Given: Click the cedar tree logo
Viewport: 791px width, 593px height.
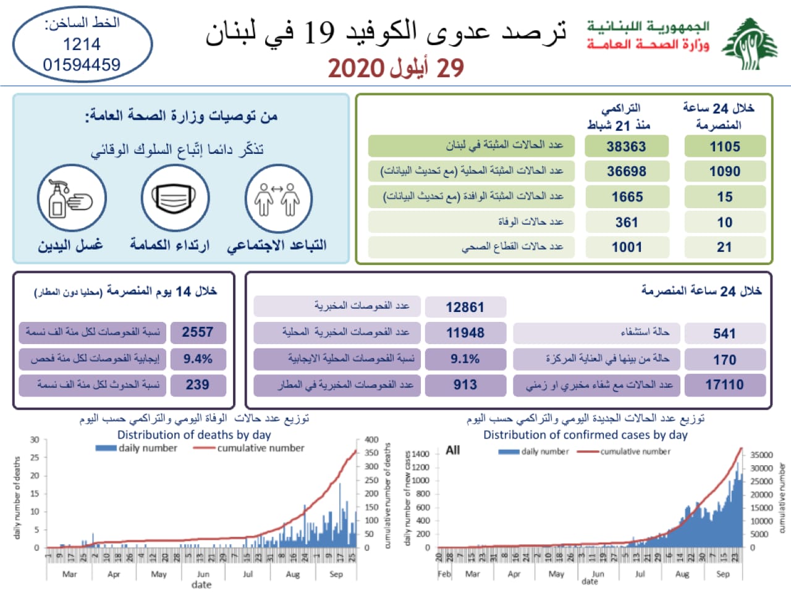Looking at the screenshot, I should tap(750, 44).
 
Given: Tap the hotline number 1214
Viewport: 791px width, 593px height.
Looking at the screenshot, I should tap(82, 44).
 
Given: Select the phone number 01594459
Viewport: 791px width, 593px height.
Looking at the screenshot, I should tap(82, 65).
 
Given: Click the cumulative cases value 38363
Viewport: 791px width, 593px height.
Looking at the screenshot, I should tap(626, 146).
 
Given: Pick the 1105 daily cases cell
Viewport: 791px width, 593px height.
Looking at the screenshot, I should tap(725, 146).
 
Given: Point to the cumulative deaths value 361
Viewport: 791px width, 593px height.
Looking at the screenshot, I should tap(626, 222).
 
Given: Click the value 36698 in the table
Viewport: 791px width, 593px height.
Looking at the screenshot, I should tap(626, 172).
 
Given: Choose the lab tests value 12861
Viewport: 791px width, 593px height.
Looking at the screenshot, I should tap(465, 307).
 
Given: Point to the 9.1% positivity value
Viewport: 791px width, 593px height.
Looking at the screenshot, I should tap(465, 359).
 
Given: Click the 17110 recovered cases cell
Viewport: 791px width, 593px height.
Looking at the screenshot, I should tap(725, 385).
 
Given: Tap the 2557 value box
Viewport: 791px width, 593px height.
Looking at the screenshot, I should tap(198, 332).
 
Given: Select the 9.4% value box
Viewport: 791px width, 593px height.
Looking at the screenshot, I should tap(198, 359).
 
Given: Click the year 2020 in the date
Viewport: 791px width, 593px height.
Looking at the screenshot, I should tap(357, 69).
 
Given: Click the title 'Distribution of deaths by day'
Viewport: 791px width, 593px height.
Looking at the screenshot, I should tap(194, 435).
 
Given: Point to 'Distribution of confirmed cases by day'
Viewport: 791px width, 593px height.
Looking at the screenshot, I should tap(585, 435).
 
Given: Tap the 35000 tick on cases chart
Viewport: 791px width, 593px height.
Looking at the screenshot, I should tap(761, 455).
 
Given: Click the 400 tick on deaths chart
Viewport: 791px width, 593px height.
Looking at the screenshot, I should tap(371, 440).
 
